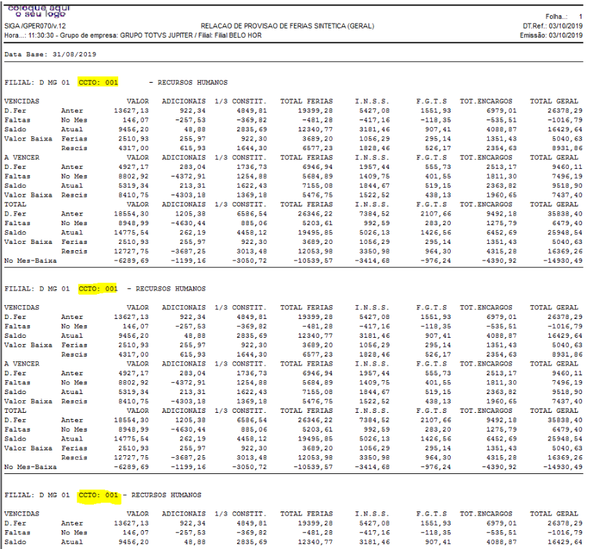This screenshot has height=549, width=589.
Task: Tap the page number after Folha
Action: coord(581,17)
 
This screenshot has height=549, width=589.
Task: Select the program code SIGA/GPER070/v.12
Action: coord(35,26)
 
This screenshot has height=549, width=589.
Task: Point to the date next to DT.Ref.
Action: coord(566,26)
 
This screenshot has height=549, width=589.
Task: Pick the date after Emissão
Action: coord(566,35)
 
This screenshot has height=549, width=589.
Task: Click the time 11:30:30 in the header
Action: coord(41,35)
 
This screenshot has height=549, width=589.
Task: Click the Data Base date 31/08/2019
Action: coord(74,54)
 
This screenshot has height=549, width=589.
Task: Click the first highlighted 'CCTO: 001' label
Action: coord(99,82)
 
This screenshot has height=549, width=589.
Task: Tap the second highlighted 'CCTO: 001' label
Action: coord(99,289)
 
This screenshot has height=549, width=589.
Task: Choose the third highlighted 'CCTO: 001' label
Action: coord(99,495)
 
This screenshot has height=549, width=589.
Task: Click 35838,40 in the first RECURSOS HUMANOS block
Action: coord(565,213)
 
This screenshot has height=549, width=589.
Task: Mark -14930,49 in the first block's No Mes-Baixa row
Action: coord(563,261)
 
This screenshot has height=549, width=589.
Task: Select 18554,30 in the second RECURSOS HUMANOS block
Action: coord(131,420)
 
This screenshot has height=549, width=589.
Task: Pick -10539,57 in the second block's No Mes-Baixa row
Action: coord(314,467)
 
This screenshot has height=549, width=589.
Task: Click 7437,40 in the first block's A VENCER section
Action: coord(567,195)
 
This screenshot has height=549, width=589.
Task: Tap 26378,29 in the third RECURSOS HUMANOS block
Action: coord(565,523)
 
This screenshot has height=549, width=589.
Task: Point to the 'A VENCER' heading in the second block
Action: coord(22,364)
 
